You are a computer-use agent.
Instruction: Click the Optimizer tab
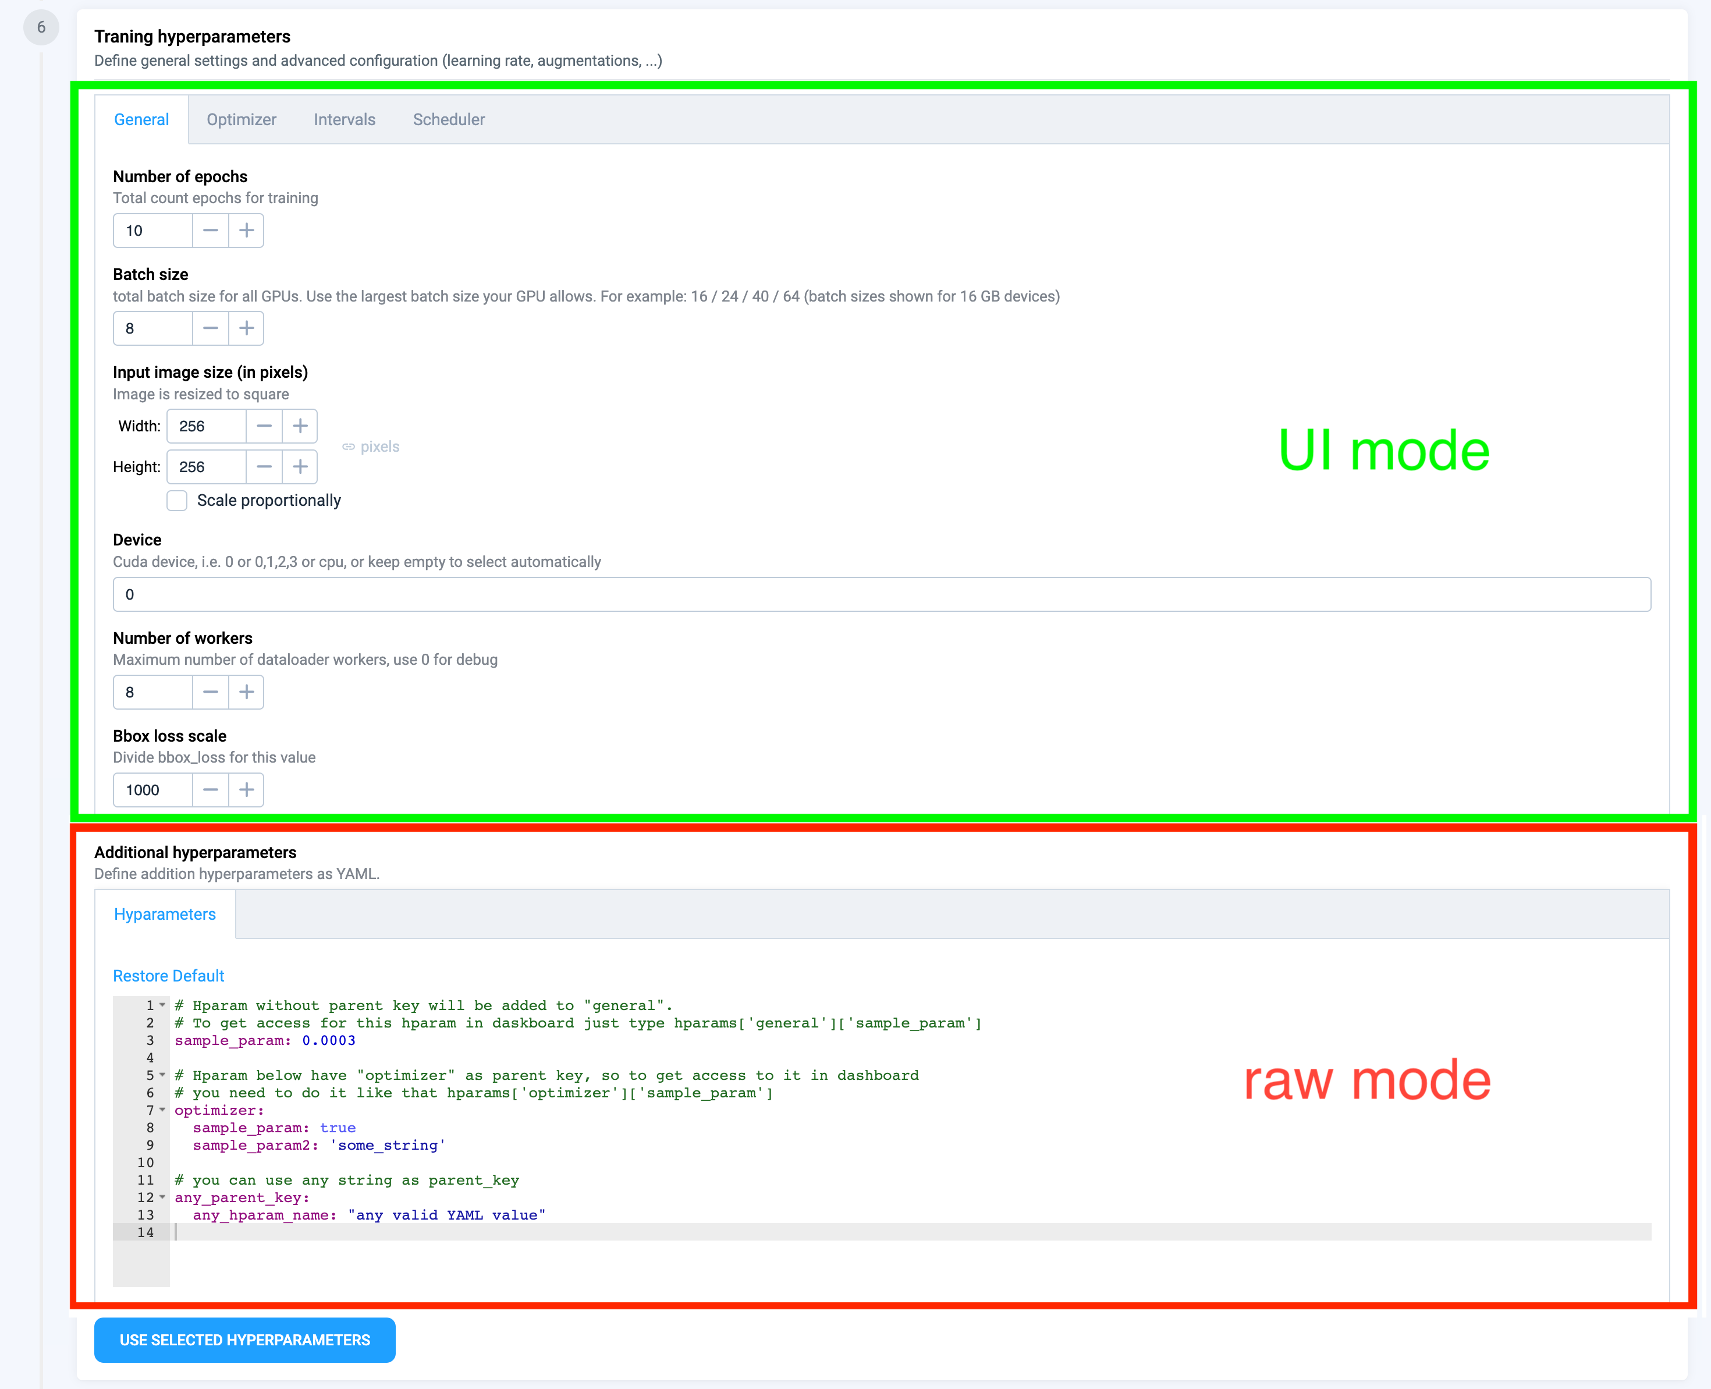point(242,119)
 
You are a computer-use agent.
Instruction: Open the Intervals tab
point(345,119)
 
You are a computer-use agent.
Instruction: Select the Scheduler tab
point(449,119)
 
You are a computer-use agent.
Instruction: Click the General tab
point(141,119)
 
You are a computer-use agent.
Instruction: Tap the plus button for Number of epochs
point(246,231)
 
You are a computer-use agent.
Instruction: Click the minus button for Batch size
point(210,328)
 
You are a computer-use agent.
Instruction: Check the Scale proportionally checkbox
point(177,500)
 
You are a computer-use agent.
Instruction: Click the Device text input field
point(882,594)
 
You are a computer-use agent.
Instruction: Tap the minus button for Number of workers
point(210,692)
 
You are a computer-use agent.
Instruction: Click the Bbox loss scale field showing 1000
point(153,790)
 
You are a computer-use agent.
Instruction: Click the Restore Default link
point(168,975)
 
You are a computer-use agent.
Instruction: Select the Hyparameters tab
point(165,914)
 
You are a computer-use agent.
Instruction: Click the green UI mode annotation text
point(1384,451)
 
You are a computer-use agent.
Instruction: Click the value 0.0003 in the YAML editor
point(329,1040)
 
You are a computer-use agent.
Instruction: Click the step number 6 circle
point(41,28)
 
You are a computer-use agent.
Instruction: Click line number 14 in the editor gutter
point(145,1232)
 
